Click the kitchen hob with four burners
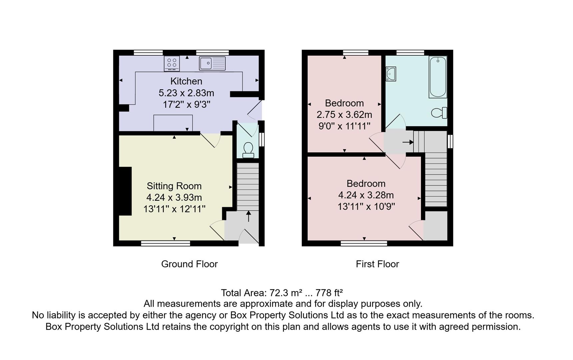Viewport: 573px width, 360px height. coord(172,63)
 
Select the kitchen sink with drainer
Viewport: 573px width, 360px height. coord(212,63)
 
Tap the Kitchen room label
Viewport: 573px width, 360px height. coord(186,81)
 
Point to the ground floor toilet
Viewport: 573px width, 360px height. coord(248,150)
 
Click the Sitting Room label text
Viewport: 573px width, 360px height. coord(174,186)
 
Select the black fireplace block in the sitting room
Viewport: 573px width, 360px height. coord(125,191)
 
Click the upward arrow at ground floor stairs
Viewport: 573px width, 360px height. coord(248,216)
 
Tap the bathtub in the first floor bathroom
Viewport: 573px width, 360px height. coord(438,77)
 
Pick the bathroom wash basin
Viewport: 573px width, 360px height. coord(390,74)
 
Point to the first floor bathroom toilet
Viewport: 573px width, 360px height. coord(439,113)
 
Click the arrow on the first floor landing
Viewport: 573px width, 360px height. coord(408,142)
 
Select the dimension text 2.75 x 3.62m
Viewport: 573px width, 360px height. coord(344,115)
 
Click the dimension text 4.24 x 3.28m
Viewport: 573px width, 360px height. coord(366,195)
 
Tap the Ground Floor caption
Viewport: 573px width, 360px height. coord(189,264)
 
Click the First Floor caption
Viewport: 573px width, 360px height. coord(377,264)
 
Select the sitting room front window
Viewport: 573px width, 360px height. coord(165,244)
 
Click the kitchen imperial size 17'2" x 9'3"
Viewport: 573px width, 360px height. coord(186,105)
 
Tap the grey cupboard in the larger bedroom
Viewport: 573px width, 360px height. coord(435,226)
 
